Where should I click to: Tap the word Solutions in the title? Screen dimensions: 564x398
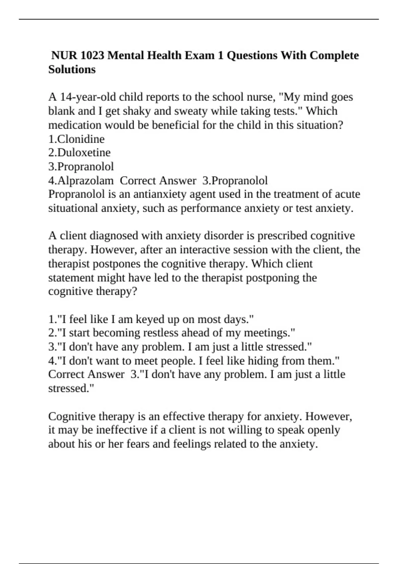(72, 69)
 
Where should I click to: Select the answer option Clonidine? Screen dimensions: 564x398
(81, 139)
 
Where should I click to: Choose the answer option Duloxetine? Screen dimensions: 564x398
(84, 153)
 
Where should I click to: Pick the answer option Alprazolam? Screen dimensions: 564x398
(85, 180)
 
